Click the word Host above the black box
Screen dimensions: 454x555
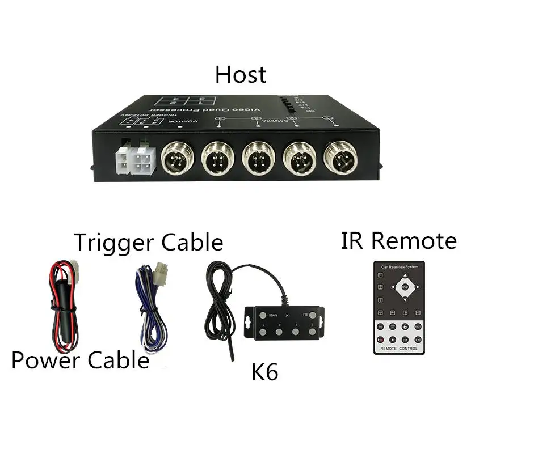point(240,75)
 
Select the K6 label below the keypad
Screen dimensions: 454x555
point(264,373)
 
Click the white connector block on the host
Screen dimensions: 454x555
point(135,160)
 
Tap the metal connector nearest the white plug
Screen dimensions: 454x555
point(178,158)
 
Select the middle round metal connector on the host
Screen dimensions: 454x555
point(259,158)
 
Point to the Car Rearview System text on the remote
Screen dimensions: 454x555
point(400,267)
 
